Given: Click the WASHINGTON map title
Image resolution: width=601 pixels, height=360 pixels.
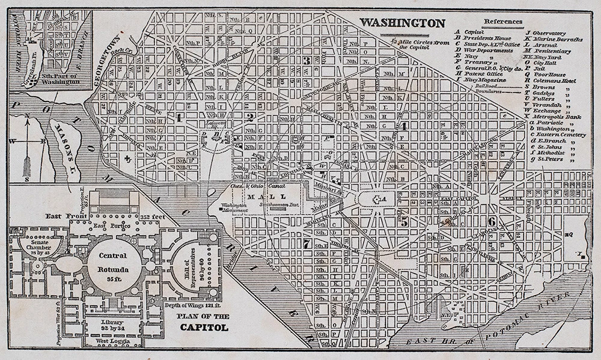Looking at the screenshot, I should pyautogui.click(x=402, y=23).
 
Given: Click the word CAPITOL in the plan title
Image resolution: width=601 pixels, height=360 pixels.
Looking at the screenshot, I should pyautogui.click(x=204, y=328).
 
